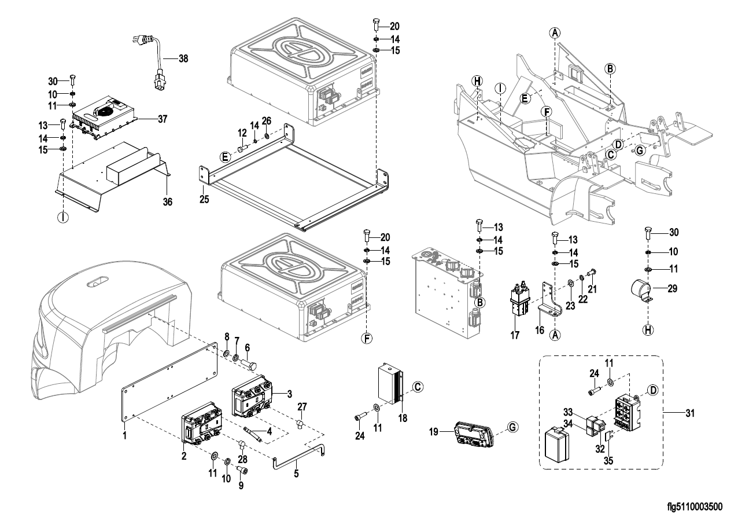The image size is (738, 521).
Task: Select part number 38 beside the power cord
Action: (183, 59)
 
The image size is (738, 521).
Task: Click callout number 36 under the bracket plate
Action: (167, 201)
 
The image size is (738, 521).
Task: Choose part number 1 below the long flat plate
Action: (124, 434)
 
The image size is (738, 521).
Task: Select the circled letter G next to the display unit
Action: (512, 428)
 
